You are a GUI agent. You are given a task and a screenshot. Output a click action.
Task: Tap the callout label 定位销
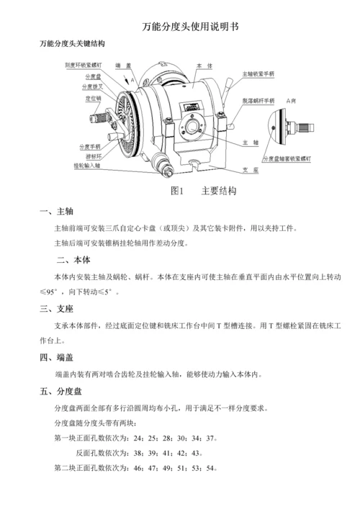point(93,96)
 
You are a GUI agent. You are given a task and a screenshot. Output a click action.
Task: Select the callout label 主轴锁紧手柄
point(258,73)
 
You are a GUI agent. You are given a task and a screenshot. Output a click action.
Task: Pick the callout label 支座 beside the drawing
point(250,169)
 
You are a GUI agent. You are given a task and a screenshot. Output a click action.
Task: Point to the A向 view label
point(293,99)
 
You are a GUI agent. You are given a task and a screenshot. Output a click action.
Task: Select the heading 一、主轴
point(55,212)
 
